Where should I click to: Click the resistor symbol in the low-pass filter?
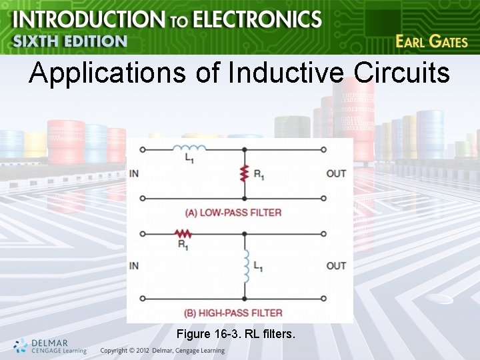tap(244, 173)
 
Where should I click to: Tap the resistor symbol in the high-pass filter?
tap(182, 233)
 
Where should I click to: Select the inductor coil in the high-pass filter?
tap(245, 265)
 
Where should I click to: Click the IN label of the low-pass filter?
tap(134, 173)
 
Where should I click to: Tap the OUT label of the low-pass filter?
tap(336, 173)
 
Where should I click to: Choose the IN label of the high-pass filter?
tap(134, 265)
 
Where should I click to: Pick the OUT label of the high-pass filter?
tap(336, 265)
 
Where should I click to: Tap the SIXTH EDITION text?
tap(69, 41)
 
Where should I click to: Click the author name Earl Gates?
tap(431, 41)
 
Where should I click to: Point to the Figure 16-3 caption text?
tap(237, 332)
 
